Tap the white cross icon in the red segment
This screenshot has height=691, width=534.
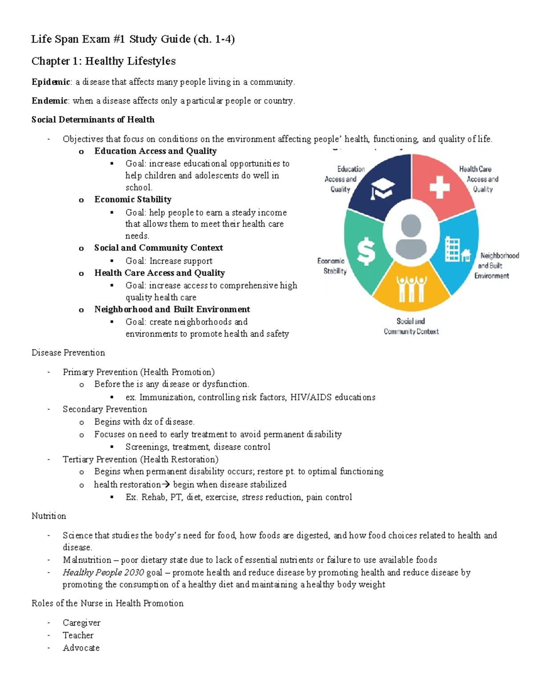pos(439,187)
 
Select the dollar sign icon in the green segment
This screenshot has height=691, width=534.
pos(366,251)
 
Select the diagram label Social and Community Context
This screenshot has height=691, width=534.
pos(411,326)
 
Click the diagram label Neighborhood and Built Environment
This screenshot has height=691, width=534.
pos(495,266)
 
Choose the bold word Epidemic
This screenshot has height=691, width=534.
pos(51,82)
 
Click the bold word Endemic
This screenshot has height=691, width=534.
pos(49,101)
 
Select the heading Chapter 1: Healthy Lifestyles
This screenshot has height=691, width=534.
pos(103,61)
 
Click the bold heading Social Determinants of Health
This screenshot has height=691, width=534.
pos(93,120)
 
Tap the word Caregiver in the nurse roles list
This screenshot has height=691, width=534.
pos(81,622)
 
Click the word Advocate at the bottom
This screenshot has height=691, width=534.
pos(81,648)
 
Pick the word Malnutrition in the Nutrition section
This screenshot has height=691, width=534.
pos(87,560)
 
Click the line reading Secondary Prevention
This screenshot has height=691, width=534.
pos(105,409)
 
